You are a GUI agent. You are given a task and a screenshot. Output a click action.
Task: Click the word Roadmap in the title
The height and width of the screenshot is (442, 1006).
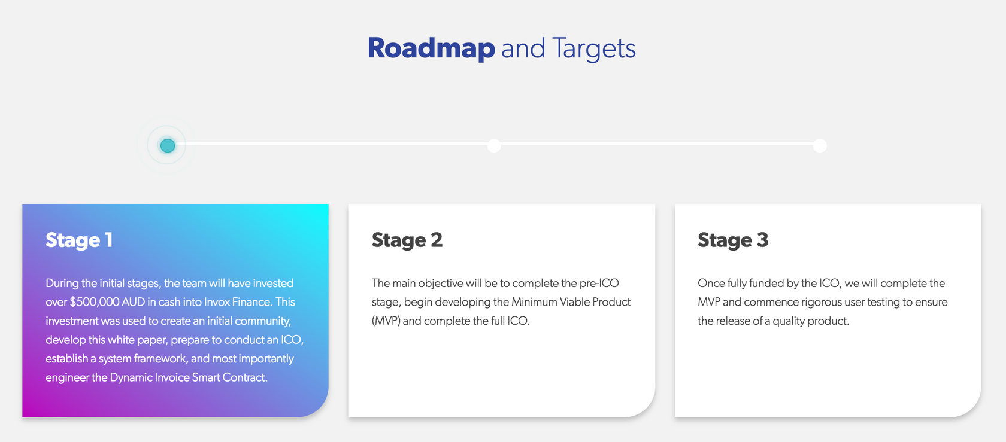coord(431,48)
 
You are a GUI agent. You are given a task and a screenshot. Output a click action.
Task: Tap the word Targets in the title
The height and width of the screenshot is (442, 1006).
coord(594,48)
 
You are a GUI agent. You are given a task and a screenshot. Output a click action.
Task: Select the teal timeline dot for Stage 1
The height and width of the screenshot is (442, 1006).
coord(168,145)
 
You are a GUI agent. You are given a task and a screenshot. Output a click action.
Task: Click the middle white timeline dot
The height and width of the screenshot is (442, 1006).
coord(494,145)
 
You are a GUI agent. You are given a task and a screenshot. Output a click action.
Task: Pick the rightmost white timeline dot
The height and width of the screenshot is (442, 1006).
coord(820,145)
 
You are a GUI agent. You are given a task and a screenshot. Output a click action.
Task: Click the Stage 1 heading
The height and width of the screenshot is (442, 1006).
coord(79,240)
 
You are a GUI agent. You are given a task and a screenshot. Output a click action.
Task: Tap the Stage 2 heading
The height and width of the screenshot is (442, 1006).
coord(407,240)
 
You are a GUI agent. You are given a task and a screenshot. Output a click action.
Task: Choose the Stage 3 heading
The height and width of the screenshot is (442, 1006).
coord(733,240)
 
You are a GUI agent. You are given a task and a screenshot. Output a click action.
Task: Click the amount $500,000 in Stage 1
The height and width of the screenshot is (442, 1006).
coord(95,302)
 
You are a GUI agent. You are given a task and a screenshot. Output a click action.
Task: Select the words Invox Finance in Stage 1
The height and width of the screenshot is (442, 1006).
coord(238,302)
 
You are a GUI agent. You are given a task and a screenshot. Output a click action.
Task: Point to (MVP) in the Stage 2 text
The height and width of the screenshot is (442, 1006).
coord(386,321)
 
